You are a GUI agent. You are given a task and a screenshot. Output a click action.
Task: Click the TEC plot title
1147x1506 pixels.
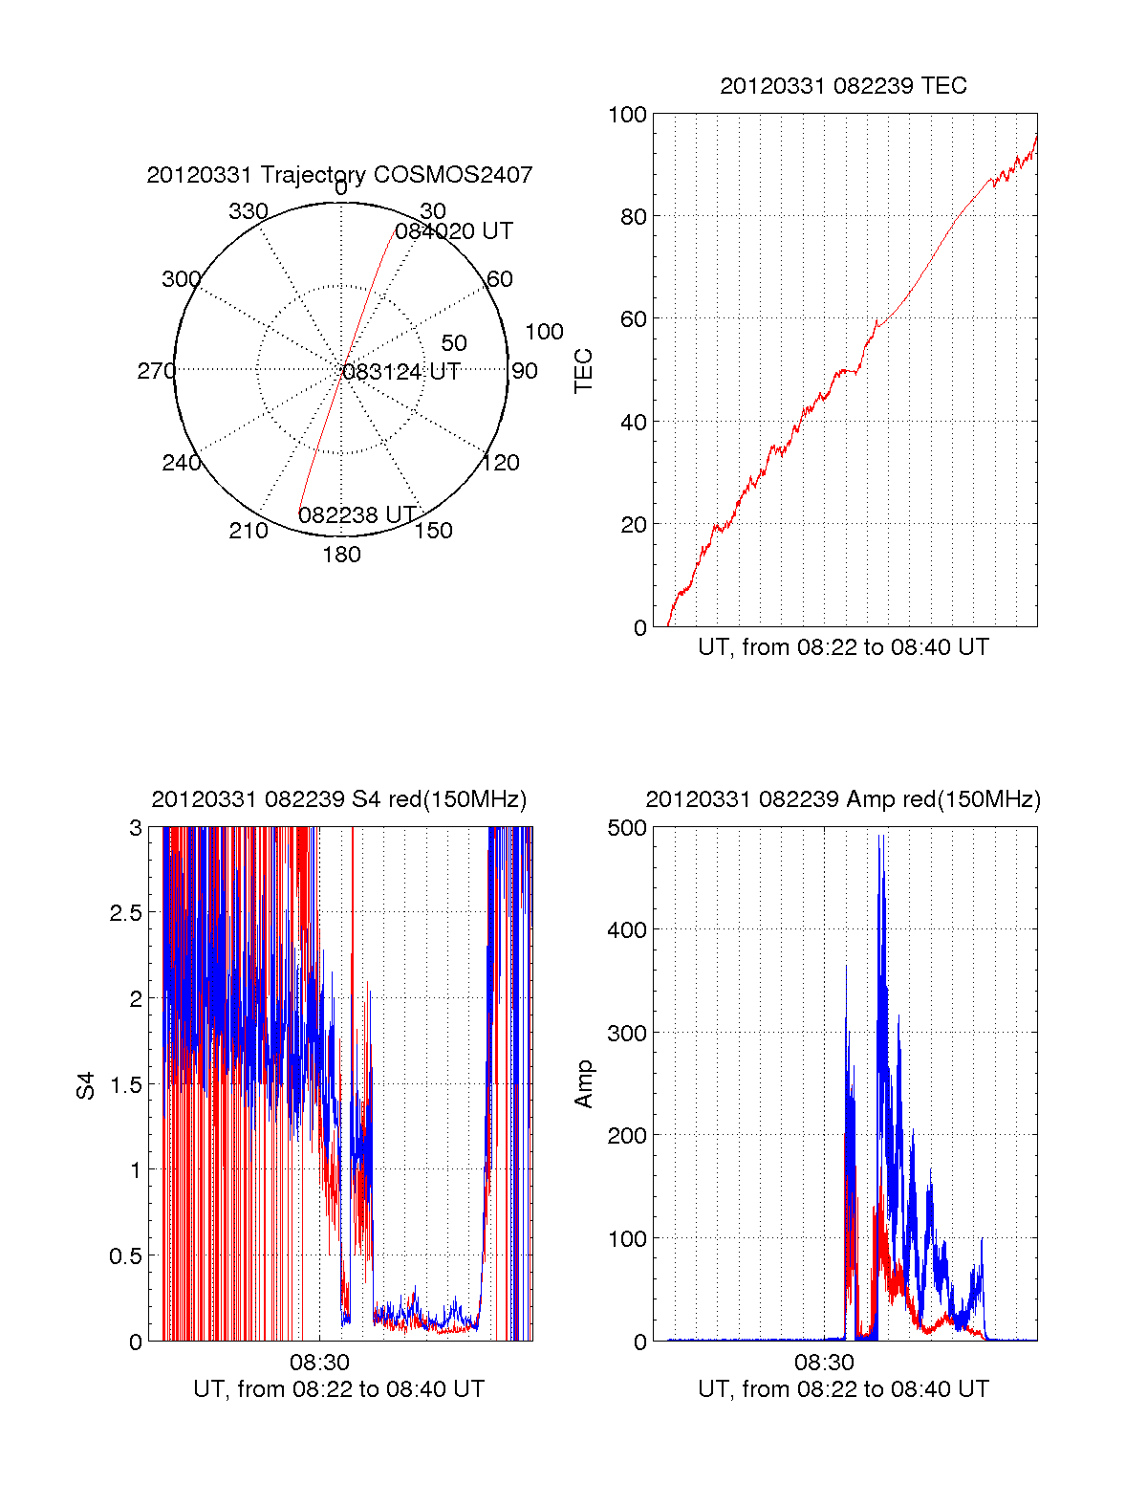pyautogui.click(x=843, y=86)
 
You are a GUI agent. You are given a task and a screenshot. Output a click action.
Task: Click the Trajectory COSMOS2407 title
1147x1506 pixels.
pyautogui.click(x=339, y=175)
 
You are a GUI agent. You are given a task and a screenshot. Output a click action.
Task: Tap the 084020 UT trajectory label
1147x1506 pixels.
pyautogui.click(x=454, y=231)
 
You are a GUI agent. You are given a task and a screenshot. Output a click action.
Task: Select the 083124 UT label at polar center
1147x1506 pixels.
pyautogui.click(x=401, y=372)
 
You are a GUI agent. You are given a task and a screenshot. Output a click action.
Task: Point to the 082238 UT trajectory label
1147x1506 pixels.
pyautogui.click(x=357, y=515)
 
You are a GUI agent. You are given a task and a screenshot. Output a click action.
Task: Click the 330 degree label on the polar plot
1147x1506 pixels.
pyautogui.click(x=248, y=211)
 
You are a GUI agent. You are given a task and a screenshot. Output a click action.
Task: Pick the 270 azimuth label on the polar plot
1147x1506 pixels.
pyautogui.click(x=156, y=371)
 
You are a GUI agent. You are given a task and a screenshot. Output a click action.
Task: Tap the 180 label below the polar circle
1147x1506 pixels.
pyautogui.click(x=341, y=555)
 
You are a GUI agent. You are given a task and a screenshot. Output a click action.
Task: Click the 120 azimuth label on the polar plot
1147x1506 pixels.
pyautogui.click(x=501, y=464)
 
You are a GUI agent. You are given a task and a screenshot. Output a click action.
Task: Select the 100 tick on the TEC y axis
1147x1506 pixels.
pyautogui.click(x=627, y=115)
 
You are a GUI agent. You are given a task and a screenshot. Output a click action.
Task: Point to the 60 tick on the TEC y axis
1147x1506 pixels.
pyautogui.click(x=633, y=319)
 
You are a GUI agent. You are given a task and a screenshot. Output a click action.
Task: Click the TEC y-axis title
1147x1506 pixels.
pyautogui.click(x=583, y=371)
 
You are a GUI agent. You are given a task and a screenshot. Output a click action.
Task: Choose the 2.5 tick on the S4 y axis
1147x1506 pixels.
pyautogui.click(x=125, y=913)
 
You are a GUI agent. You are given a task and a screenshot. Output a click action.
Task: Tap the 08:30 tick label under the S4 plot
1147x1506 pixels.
pyautogui.click(x=319, y=1362)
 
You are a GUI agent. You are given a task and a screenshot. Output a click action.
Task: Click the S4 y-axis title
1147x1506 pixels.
pyautogui.click(x=86, y=1085)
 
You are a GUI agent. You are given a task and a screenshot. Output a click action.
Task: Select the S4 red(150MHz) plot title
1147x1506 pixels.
pyautogui.click(x=339, y=799)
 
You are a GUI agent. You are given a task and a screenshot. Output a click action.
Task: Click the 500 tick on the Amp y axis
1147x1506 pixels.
pyautogui.click(x=627, y=828)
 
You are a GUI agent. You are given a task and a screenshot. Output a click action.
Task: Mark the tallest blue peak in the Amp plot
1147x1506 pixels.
pyautogui.click(x=881, y=837)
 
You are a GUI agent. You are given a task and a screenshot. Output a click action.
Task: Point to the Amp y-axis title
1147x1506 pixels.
pyautogui.click(x=583, y=1083)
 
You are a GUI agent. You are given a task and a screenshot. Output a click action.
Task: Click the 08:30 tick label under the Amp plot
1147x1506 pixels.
pyautogui.click(x=824, y=1362)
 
